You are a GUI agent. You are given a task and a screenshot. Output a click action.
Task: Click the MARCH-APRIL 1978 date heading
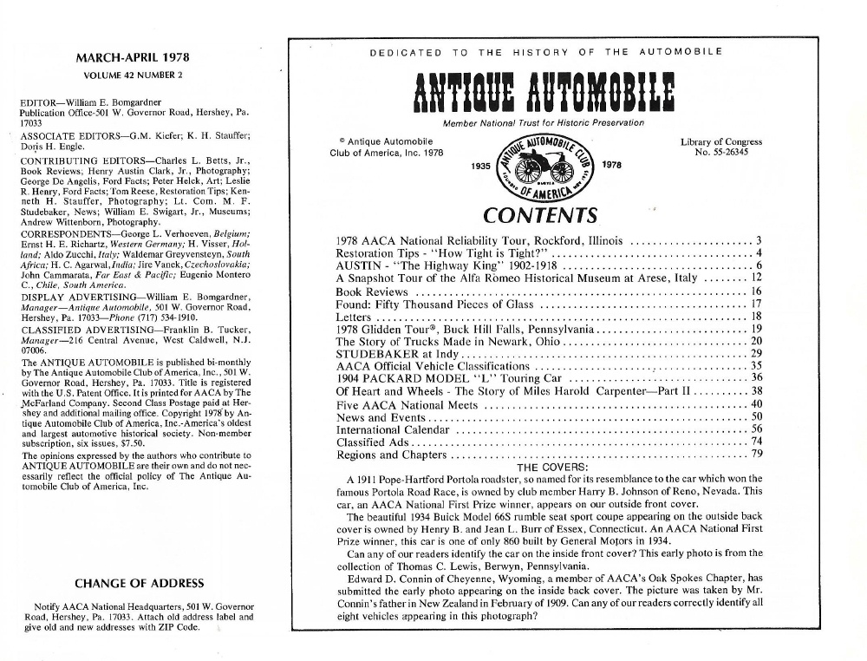[133, 59]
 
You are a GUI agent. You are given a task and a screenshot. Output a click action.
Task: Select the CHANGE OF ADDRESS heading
[139, 583]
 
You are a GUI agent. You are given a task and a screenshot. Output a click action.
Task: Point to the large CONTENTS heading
[540, 215]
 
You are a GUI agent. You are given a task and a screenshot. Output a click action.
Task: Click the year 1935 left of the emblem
[479, 164]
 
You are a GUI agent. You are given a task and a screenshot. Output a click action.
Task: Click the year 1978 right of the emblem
[610, 164]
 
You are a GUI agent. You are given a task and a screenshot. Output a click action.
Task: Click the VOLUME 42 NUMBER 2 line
[133, 75]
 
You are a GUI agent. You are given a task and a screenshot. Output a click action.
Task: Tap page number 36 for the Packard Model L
[756, 377]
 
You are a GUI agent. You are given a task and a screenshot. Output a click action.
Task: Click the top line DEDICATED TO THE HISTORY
[545, 53]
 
